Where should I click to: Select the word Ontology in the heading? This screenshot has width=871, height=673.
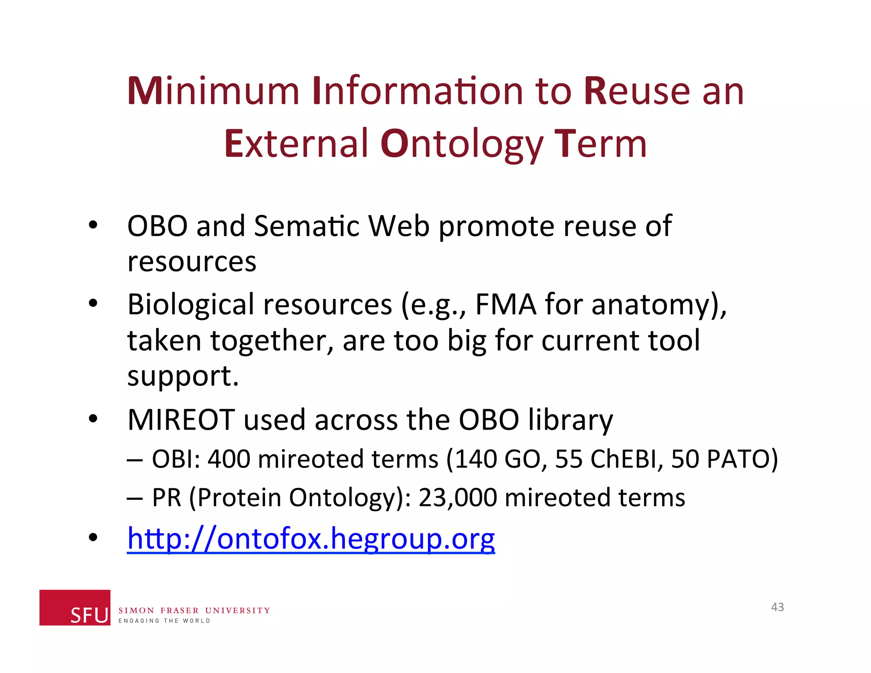(461, 144)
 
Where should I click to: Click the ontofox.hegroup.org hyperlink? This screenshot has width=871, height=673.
(311, 539)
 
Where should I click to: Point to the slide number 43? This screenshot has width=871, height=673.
(777, 607)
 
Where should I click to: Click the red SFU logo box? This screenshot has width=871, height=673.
(75, 607)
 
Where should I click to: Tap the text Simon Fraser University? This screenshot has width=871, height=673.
(194, 610)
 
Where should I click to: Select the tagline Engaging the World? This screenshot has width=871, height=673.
(164, 621)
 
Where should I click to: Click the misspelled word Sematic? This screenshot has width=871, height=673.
(306, 226)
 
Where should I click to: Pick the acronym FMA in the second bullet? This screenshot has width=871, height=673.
(505, 305)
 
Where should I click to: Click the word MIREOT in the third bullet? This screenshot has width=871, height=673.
(181, 420)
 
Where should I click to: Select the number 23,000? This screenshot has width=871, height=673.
(458, 497)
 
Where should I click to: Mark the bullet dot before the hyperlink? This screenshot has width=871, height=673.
(93, 538)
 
